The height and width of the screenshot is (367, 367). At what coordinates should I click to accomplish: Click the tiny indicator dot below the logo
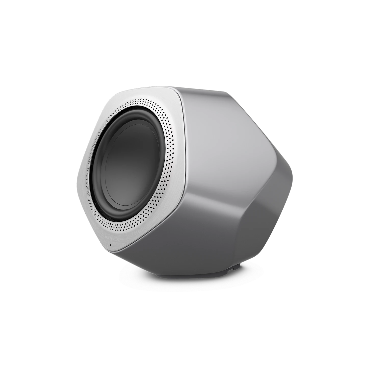coord(110,245)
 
